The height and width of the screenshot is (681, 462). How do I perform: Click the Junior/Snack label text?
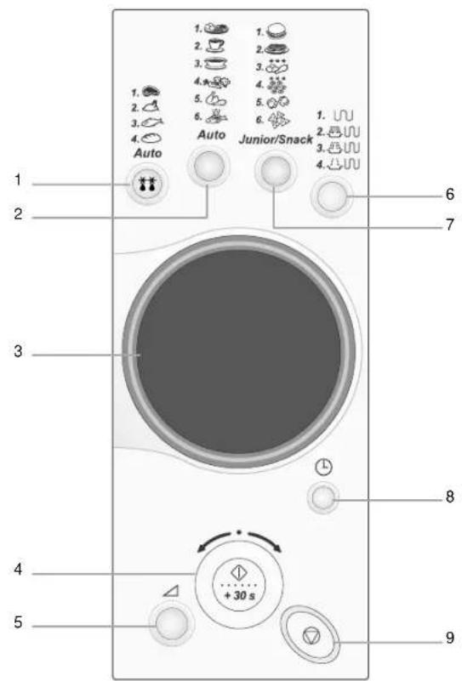pyautogui.click(x=276, y=139)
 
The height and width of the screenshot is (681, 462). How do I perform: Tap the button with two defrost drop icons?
pyautogui.click(x=148, y=184)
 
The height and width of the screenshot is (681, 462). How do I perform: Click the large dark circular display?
pyautogui.click(x=238, y=352)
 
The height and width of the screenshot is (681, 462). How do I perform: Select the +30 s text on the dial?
pyautogui.click(x=239, y=595)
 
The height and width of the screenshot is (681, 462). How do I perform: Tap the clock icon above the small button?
pyautogui.click(x=323, y=468)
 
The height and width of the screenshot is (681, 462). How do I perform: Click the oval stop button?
pyautogui.click(x=311, y=636)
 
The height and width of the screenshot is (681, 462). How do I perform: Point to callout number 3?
pyautogui.click(x=18, y=351)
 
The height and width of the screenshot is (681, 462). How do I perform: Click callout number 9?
pyautogui.click(x=450, y=638)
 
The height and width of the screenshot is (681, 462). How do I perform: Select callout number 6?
pyautogui.click(x=450, y=194)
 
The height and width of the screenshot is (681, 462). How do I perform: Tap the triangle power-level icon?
pyautogui.click(x=171, y=590)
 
